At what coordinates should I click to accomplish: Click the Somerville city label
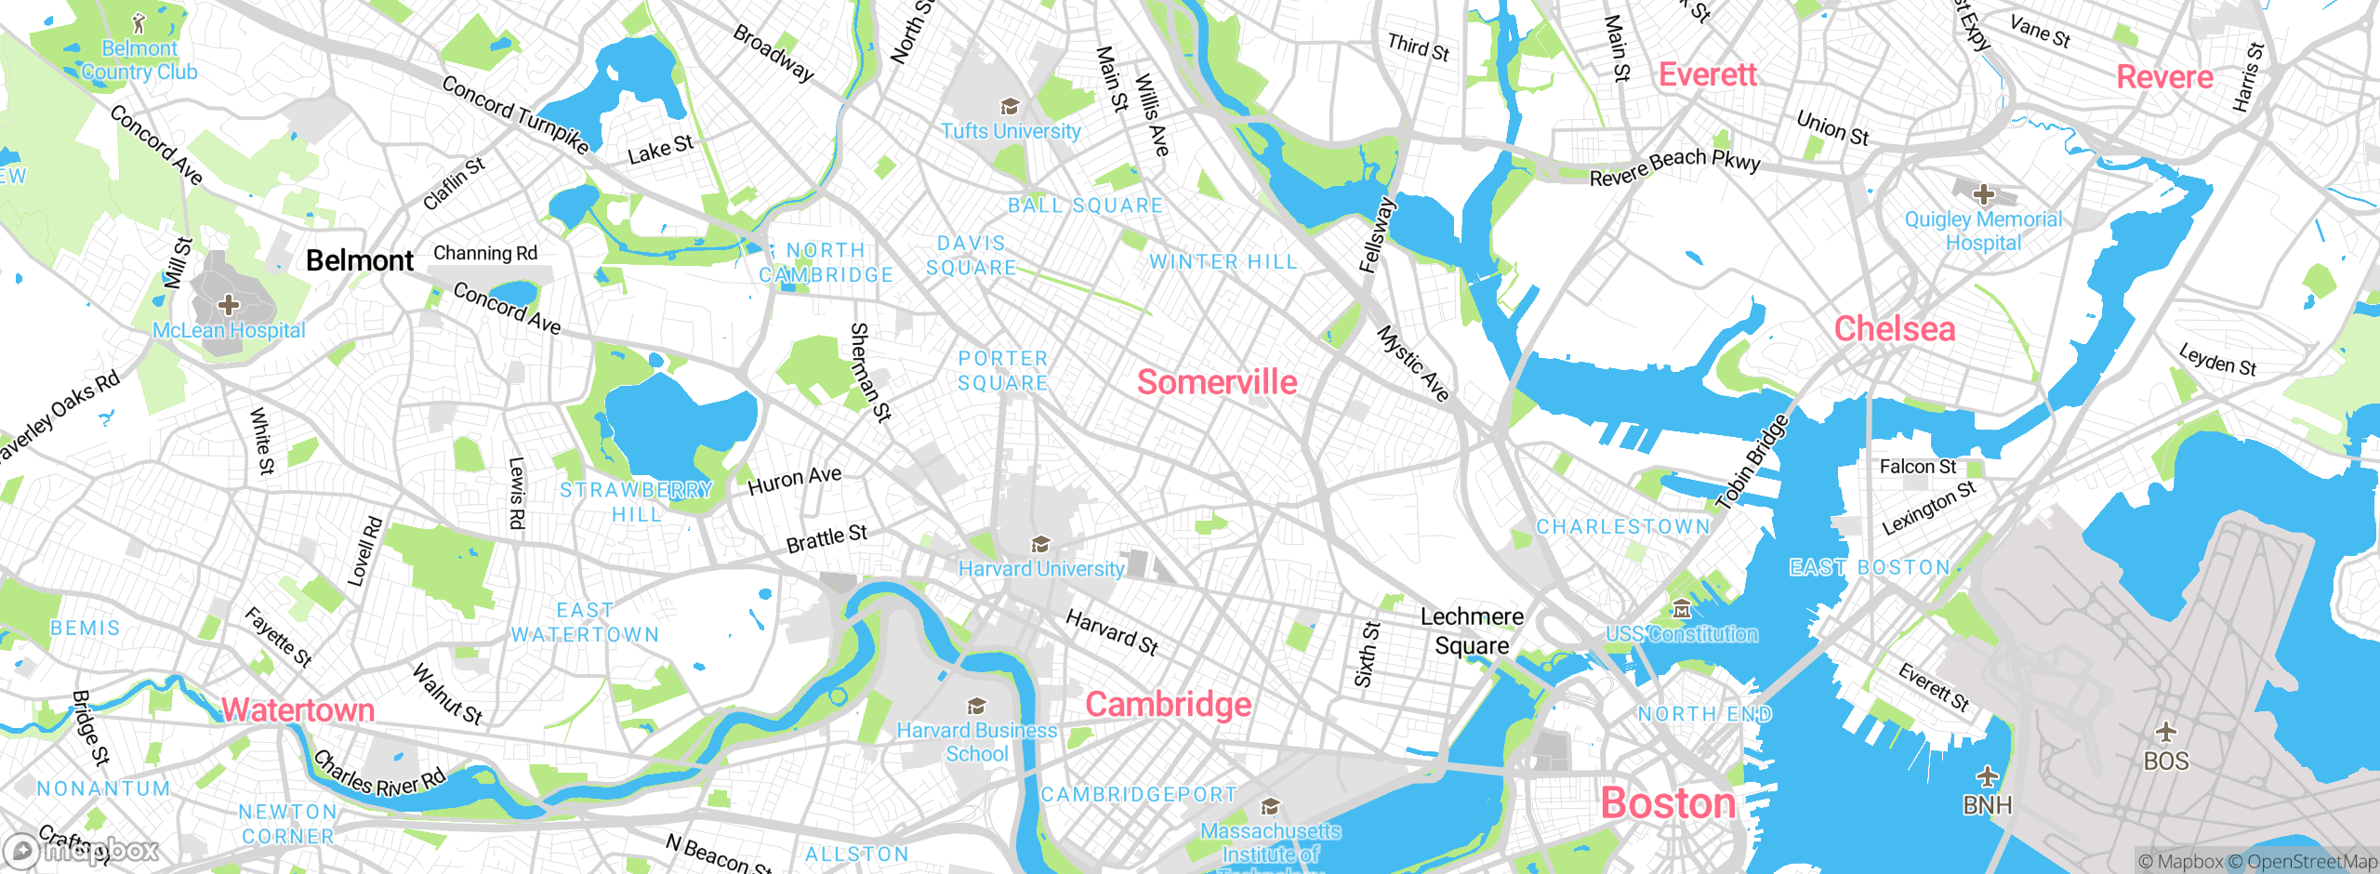click(x=1217, y=382)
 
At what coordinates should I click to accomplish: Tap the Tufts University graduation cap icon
click(x=1010, y=106)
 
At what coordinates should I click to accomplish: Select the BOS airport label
click(x=2165, y=761)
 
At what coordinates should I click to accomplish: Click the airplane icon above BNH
click(x=1987, y=775)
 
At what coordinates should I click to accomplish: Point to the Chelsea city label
click(x=1894, y=329)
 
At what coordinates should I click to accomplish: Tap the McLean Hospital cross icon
click(x=229, y=305)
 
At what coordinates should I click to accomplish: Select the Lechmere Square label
click(x=1472, y=630)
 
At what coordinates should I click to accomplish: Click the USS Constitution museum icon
click(x=1681, y=610)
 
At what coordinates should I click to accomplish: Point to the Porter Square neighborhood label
click(x=1003, y=371)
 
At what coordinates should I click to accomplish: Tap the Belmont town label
click(x=360, y=260)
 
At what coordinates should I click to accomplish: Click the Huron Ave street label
click(x=795, y=480)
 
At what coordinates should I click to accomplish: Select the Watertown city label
click(x=297, y=709)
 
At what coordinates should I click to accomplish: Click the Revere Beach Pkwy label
click(x=1674, y=166)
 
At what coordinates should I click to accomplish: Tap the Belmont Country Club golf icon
click(x=139, y=23)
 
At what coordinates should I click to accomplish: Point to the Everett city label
click(x=1708, y=74)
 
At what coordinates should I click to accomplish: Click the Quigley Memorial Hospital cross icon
click(x=1983, y=194)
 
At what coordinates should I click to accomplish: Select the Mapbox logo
click(x=82, y=850)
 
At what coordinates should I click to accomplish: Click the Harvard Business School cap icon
click(x=976, y=707)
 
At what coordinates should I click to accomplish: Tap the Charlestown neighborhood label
click(x=1622, y=527)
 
